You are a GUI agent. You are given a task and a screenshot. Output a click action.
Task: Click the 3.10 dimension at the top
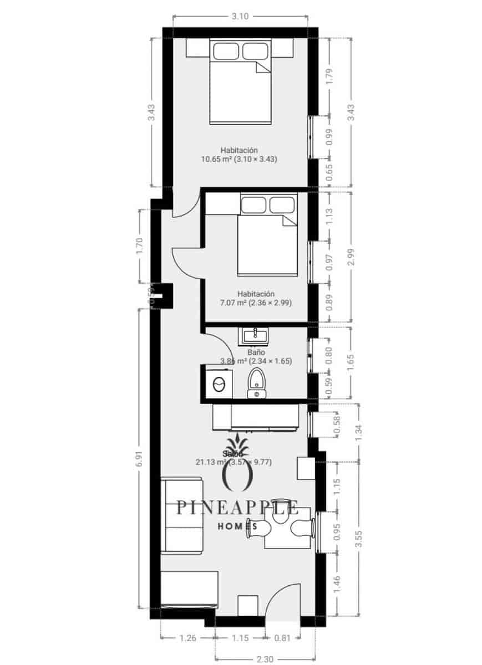[x=240, y=17]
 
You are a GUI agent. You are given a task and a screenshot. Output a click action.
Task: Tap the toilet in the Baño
[x=256, y=382]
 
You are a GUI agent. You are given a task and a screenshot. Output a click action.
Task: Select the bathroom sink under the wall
[x=255, y=335]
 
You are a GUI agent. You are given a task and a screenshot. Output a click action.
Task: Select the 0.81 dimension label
[x=282, y=638]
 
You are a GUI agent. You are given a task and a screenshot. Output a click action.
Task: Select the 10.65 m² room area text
[x=239, y=158]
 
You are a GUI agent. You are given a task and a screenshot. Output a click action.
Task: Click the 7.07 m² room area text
[x=256, y=303]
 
